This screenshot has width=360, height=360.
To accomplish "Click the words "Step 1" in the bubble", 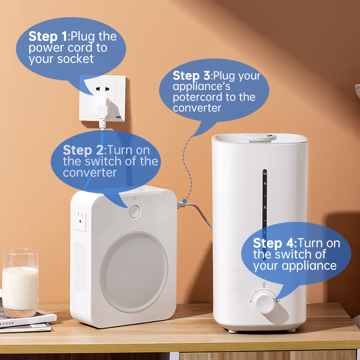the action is pos(48,36).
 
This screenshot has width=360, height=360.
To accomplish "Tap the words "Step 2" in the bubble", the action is pos(83,150).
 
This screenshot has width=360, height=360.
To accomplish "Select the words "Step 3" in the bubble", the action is pos(192,76).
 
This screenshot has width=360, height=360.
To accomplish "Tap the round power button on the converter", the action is pos(135,211).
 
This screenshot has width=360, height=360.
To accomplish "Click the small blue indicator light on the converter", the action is pos(135,198).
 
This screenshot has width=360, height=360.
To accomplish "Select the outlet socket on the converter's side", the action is pos(81,220).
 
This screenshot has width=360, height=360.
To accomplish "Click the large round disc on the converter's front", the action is pos(134,272).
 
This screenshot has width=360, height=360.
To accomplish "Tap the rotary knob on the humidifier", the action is pos(264,302).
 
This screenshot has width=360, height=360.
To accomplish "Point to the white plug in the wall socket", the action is pos(103,108).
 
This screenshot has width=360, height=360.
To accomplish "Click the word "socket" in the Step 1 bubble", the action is pos(75,59).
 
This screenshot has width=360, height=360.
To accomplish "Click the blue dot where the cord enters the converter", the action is pos(184,201).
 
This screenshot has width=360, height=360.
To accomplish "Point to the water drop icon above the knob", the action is pos(264,284).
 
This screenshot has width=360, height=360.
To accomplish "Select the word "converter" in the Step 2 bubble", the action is pos(90,173).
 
